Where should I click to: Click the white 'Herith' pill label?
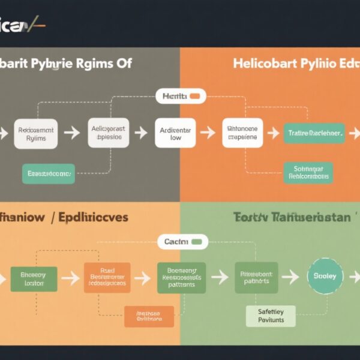(181, 96)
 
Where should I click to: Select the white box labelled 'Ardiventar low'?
(175, 133)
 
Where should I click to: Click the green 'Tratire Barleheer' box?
(314, 133)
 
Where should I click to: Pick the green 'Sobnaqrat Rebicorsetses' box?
(308, 173)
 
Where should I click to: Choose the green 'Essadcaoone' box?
(49, 173)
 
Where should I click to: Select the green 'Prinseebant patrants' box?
(256, 277)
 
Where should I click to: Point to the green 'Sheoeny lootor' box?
(34, 279)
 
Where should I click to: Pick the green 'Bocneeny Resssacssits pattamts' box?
(181, 278)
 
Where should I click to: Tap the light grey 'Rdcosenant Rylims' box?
(36, 133)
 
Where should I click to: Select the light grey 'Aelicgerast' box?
(109, 133)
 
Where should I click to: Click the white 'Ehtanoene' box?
(242, 133)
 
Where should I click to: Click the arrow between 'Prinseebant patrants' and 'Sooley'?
(290, 277)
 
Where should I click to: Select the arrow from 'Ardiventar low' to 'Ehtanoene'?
(208, 133)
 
